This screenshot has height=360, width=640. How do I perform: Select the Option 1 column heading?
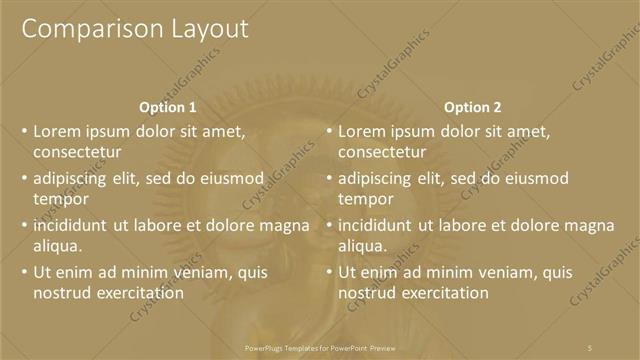point(168,107)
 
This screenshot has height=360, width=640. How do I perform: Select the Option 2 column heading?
point(473,107)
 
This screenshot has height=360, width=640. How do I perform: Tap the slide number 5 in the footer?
point(590,346)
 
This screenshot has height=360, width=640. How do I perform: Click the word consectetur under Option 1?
point(77,153)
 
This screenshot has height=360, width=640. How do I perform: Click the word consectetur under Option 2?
point(382,153)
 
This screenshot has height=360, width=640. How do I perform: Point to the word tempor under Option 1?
point(61,199)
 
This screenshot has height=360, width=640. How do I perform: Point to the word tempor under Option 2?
point(366,199)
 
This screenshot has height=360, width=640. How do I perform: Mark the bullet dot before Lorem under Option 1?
point(24,131)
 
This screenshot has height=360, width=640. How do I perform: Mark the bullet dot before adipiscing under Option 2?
point(329,178)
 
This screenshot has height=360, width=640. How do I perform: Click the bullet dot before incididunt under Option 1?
point(24,225)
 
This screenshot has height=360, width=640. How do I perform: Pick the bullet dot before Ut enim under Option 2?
point(329,272)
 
